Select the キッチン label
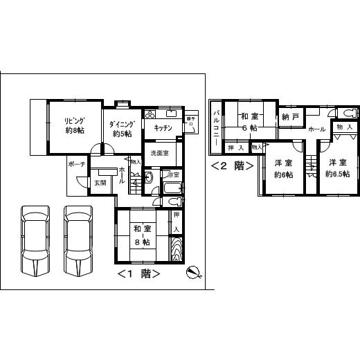pyautogui.click(x=163, y=128)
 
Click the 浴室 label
pyautogui.click(x=173, y=174)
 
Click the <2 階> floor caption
pyautogui.click(x=232, y=165)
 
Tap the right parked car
pyautogui.click(x=78, y=240)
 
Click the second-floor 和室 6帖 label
pyautogui.click(x=249, y=123)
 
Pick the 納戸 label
pyautogui.click(x=291, y=118)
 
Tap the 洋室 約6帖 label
pyautogui.click(x=282, y=168)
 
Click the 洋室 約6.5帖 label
pyautogui.click(x=338, y=168)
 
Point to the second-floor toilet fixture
pyautogui.click(x=348, y=112)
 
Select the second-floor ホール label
pyautogui.click(x=316, y=129)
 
